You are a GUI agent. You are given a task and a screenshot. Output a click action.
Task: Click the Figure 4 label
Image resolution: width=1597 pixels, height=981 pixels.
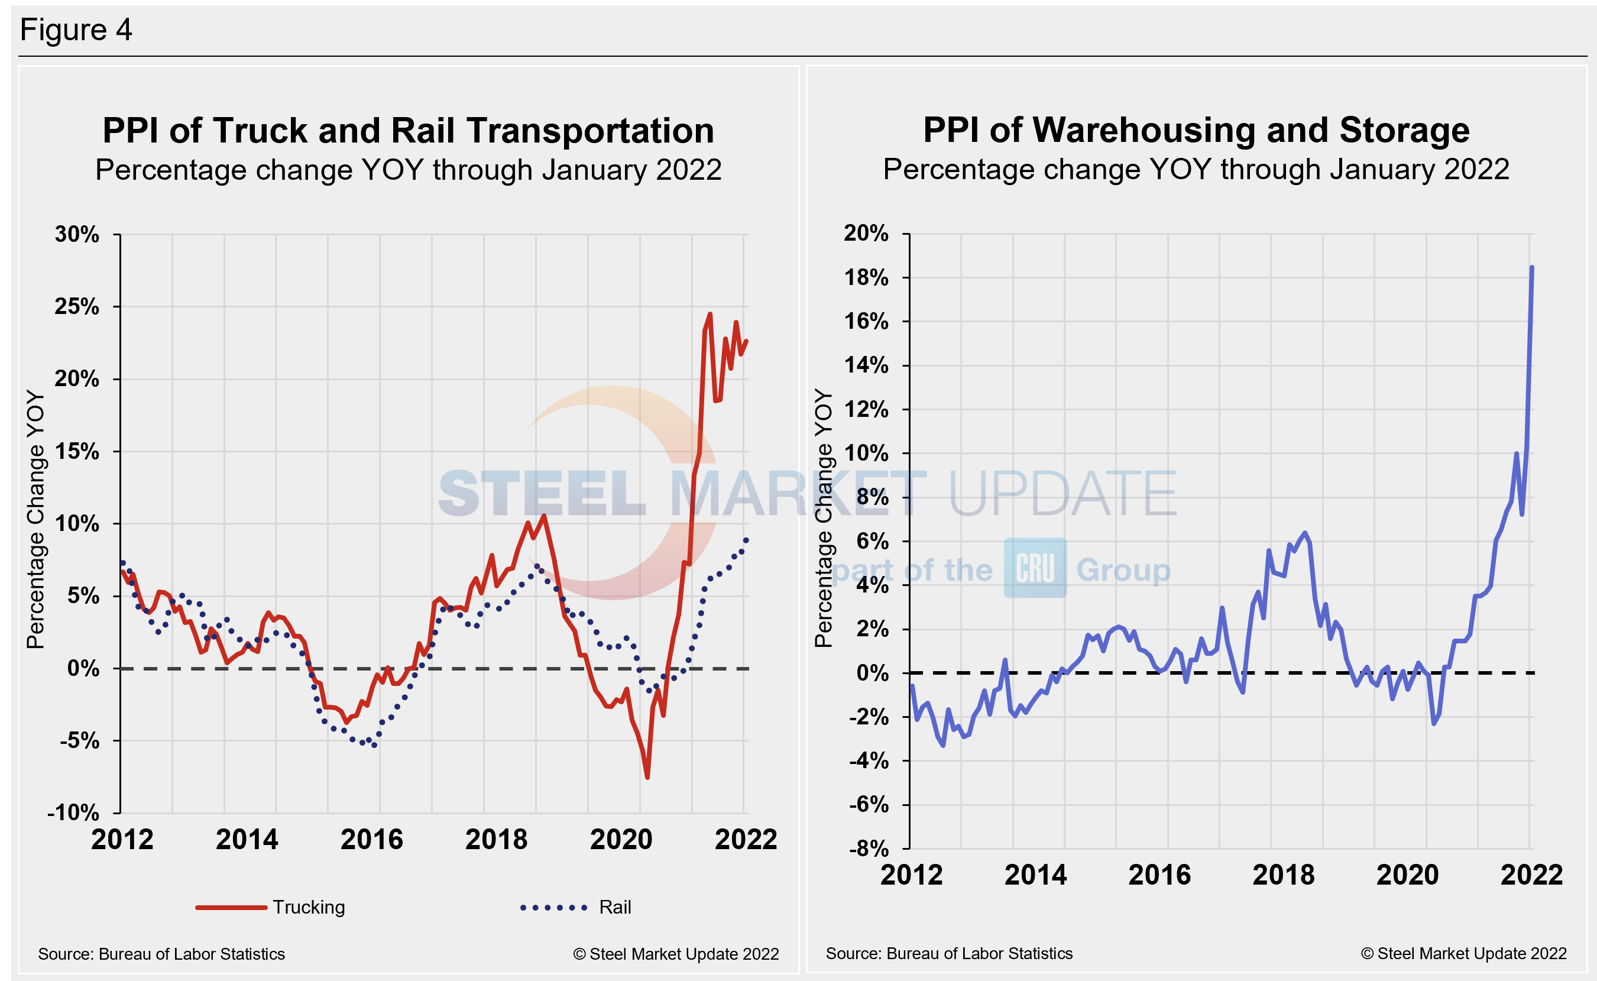tap(76, 30)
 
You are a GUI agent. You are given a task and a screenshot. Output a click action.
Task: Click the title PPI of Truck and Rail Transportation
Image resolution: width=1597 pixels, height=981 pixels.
tap(408, 131)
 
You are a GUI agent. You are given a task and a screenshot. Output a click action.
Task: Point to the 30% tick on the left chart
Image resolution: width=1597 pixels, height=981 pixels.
tap(77, 234)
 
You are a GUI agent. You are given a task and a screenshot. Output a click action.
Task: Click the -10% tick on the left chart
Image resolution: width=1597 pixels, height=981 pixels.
tap(73, 812)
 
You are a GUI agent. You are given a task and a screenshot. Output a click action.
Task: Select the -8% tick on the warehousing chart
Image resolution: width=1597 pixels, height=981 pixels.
tap(869, 848)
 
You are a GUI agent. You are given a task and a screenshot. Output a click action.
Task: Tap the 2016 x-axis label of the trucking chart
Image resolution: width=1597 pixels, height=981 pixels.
tap(372, 840)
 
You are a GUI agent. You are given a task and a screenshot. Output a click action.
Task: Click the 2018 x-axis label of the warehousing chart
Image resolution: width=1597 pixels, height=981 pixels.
tap(1283, 875)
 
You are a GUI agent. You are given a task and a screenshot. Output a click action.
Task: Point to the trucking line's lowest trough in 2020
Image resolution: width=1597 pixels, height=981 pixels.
tap(647, 776)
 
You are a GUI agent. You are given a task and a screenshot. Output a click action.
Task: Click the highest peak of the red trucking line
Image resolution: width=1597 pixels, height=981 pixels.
tap(710, 314)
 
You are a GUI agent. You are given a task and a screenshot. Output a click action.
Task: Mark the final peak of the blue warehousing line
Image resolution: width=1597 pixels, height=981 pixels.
tap(1531, 267)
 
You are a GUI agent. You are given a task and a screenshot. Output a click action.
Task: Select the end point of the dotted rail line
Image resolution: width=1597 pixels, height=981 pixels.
tap(747, 540)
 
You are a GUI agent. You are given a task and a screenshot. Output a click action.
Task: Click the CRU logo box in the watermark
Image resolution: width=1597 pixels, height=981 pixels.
tap(1035, 568)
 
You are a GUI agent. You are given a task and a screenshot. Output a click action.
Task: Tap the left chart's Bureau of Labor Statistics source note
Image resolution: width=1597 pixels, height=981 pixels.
tap(161, 954)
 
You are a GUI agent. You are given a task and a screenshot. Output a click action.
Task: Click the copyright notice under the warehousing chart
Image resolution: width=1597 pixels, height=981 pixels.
tap(1463, 953)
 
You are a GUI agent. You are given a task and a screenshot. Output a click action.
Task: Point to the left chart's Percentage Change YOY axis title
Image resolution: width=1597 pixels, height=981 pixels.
tap(35, 519)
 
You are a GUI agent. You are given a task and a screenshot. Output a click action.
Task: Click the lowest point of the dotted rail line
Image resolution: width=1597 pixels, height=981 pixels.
tap(374, 745)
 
